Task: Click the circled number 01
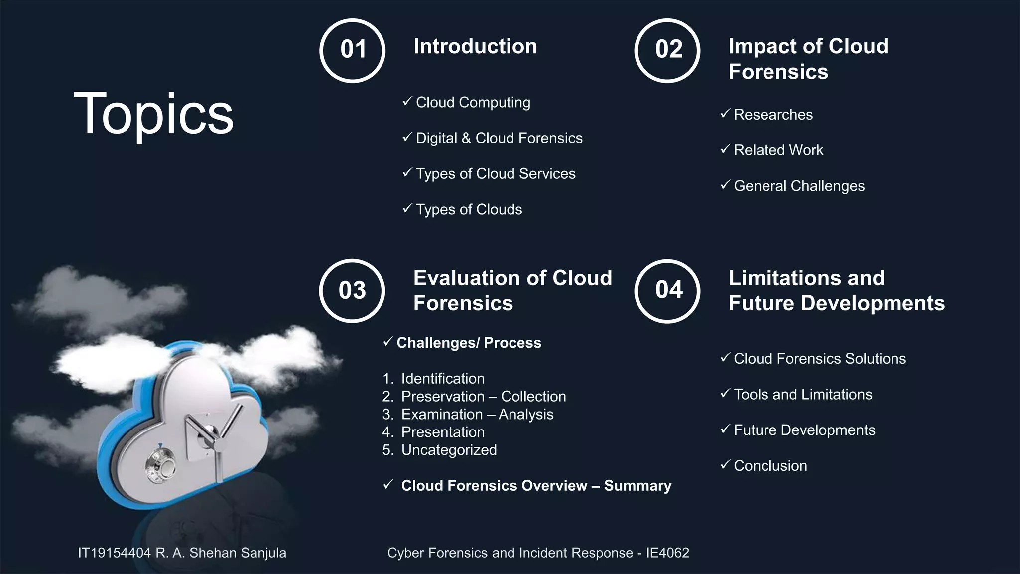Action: click(x=353, y=50)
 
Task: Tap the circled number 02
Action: click(x=667, y=50)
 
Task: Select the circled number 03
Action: click(x=352, y=290)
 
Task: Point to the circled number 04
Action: click(x=667, y=290)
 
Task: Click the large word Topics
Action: click(x=153, y=114)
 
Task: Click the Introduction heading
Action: click(x=475, y=46)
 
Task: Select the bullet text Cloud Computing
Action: click(x=473, y=102)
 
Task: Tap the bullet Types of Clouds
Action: click(x=469, y=209)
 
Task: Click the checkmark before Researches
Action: click(x=725, y=114)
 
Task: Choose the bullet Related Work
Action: click(x=778, y=150)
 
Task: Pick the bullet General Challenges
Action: click(x=799, y=186)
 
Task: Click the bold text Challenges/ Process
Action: click(x=469, y=343)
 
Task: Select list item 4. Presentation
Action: click(x=442, y=432)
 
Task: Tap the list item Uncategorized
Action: click(x=449, y=450)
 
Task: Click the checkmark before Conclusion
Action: click(x=725, y=465)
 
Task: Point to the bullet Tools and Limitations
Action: click(x=803, y=394)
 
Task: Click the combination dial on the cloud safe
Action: click(x=160, y=465)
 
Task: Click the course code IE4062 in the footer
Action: click(x=667, y=553)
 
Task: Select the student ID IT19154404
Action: click(x=114, y=553)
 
